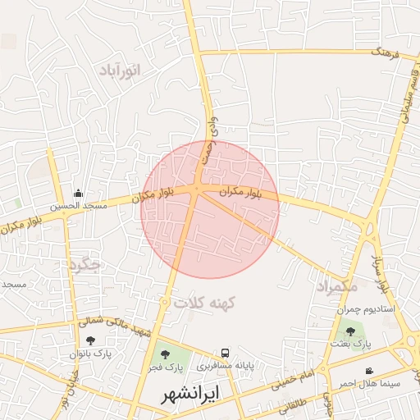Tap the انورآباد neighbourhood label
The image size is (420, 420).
pyautogui.click(x=120, y=70)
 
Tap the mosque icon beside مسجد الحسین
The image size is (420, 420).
pyautogui.click(x=78, y=194)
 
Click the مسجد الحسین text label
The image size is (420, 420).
pyautogui.click(x=79, y=207)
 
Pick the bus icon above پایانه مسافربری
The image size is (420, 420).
pyautogui.click(x=225, y=351)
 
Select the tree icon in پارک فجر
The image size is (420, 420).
pyautogui.click(x=167, y=354)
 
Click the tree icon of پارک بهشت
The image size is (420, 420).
pyautogui.click(x=351, y=331)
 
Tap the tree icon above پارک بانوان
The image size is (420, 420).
pyautogui.click(x=90, y=340)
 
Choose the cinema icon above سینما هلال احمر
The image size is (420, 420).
pyautogui.click(x=369, y=371)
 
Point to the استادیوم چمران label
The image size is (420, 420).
pyautogui.click(x=366, y=309)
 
